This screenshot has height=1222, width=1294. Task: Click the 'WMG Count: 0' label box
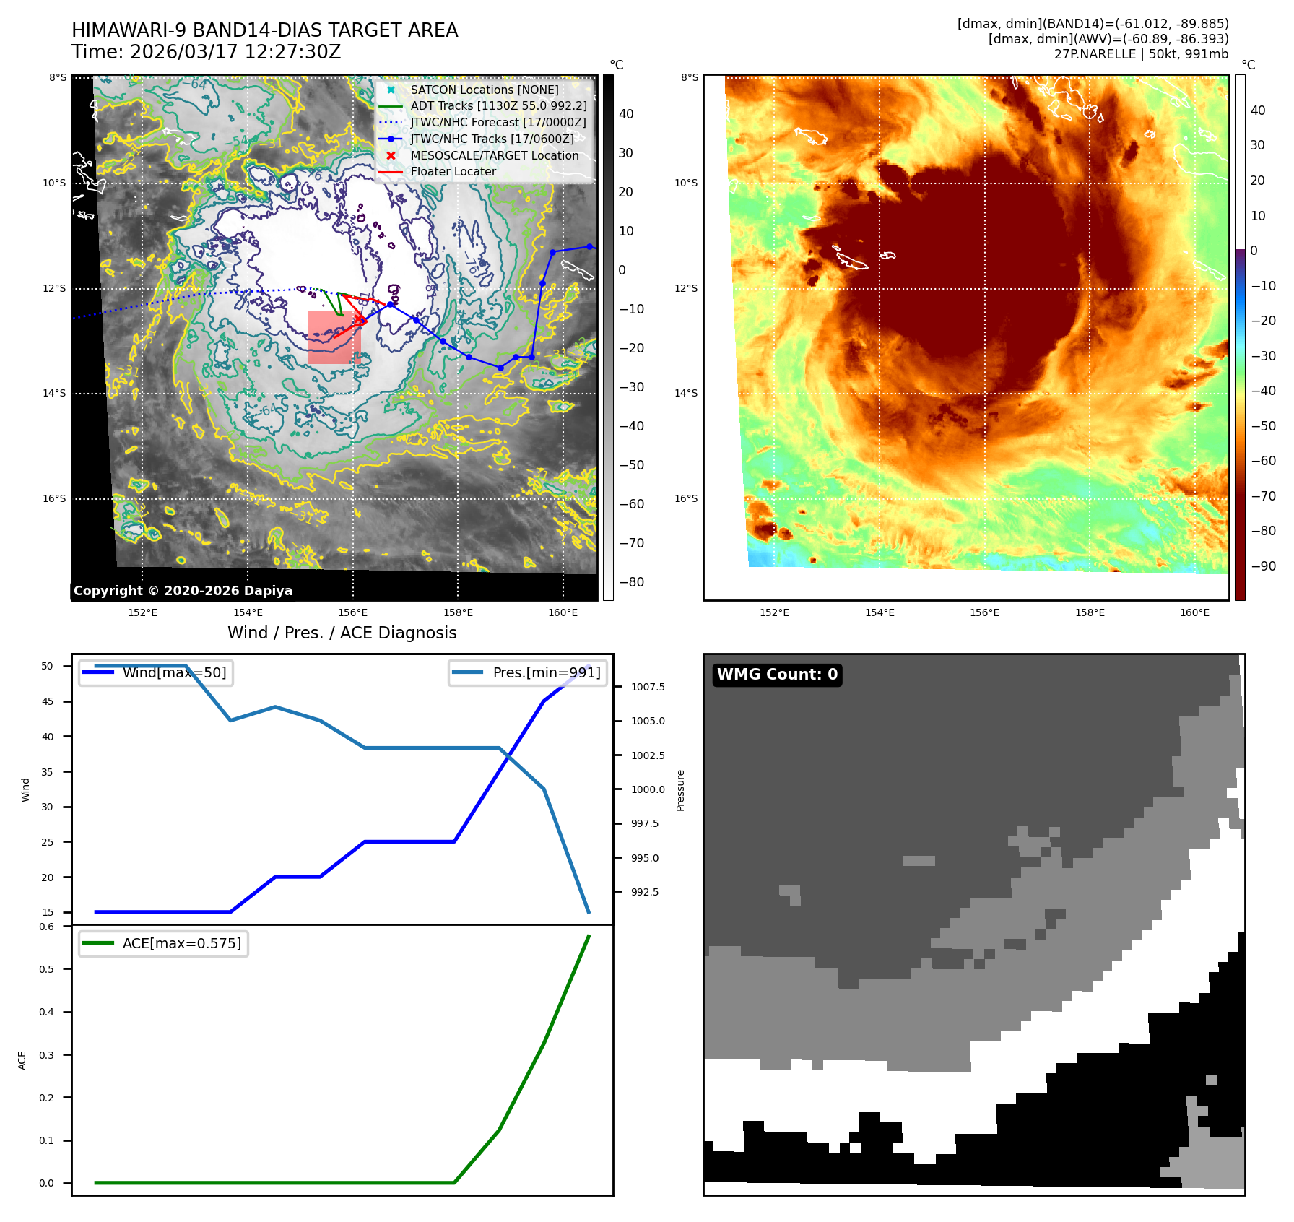click(x=777, y=675)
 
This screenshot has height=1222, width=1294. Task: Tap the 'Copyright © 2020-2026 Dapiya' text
click(x=183, y=591)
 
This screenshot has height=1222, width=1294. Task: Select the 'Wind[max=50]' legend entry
click(x=174, y=673)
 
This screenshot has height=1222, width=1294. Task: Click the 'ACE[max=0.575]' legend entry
click(x=181, y=943)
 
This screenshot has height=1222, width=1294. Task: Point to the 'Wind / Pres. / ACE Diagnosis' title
click(x=342, y=633)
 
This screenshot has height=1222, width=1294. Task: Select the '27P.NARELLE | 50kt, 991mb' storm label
click(x=1141, y=54)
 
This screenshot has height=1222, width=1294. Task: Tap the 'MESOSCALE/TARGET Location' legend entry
click(x=494, y=155)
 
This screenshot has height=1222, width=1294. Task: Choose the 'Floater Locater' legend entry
click(x=453, y=172)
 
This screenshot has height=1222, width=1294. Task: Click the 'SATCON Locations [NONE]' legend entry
click(x=484, y=90)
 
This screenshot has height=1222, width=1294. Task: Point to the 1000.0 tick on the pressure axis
click(x=648, y=789)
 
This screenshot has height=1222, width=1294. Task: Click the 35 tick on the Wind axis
click(x=48, y=772)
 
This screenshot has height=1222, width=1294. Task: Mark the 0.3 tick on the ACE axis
click(x=47, y=1055)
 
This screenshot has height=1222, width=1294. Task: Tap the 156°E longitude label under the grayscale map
click(x=352, y=613)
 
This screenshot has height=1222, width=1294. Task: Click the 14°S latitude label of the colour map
click(x=686, y=394)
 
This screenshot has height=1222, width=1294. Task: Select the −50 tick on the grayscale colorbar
click(x=631, y=465)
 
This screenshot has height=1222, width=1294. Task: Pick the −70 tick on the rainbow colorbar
click(x=1263, y=496)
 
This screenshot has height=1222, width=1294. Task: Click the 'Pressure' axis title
click(x=680, y=790)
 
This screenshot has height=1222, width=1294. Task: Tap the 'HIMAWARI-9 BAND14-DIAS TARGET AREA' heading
click(x=264, y=30)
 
